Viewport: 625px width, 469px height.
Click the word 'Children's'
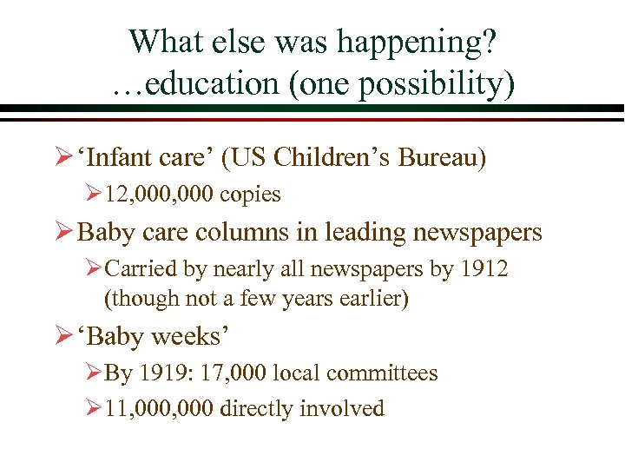(x=331, y=158)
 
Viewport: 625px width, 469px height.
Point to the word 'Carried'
(x=140, y=269)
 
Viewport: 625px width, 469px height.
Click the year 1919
(x=162, y=373)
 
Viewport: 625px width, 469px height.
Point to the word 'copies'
(x=250, y=195)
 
